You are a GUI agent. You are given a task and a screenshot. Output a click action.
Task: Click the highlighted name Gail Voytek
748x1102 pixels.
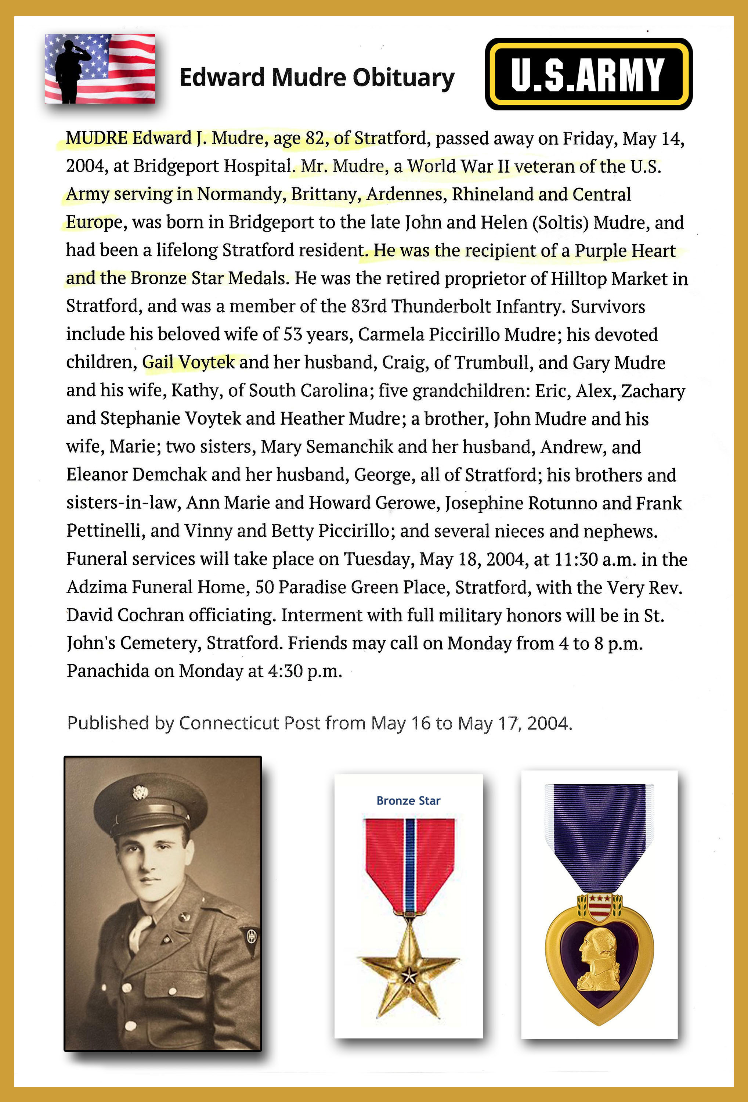click(188, 362)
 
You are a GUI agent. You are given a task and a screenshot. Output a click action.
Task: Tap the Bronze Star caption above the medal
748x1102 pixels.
click(408, 801)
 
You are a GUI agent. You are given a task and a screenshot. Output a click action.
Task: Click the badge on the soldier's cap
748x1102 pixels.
click(140, 792)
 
